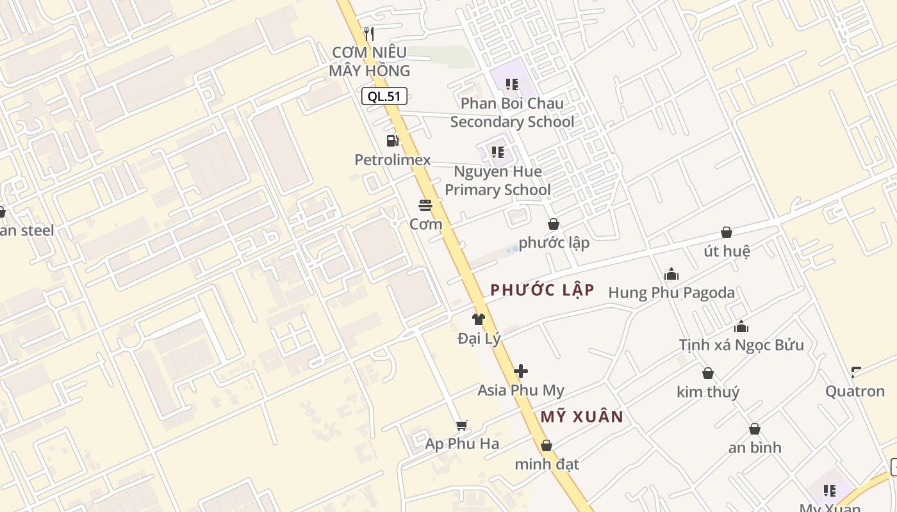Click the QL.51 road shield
coord(384,97)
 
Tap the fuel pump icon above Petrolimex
coord(392,141)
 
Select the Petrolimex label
coord(393,160)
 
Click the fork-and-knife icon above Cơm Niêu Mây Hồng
coord(368,33)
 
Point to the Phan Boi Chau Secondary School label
coord(512,113)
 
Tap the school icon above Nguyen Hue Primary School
coord(497,152)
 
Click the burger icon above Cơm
coord(425,205)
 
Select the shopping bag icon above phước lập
coord(554,224)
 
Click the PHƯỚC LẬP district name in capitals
coord(542,290)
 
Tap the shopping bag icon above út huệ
coord(727,232)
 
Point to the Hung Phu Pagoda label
coord(671,293)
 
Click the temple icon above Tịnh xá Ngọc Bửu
coord(741,326)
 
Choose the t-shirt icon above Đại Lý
coord(479,319)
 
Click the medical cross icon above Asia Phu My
coord(521,371)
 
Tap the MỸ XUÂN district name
coord(582,417)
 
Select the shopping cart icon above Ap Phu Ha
coord(461,425)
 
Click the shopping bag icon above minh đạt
coord(547,445)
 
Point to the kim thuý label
coord(708,392)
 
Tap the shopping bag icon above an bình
coord(755,429)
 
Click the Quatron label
coord(855,391)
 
